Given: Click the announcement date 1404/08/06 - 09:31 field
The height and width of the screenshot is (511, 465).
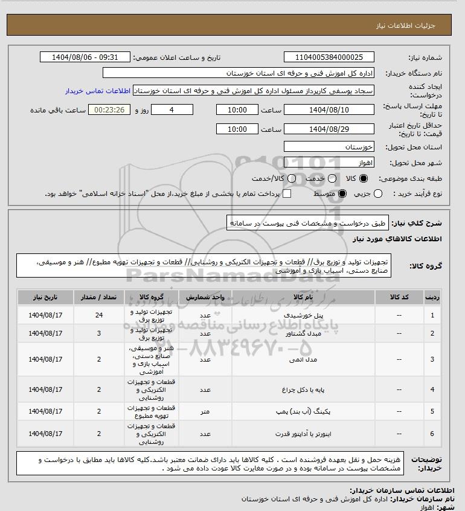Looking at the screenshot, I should tap(85, 57).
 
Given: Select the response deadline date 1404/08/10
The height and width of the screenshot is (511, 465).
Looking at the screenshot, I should tap(329, 109).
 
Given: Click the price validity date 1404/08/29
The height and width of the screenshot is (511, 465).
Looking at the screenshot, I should tap(329, 129).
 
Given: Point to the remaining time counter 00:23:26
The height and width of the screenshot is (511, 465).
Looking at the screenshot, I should tap(109, 109).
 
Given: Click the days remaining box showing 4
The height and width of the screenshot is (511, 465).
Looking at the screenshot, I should tap(172, 109).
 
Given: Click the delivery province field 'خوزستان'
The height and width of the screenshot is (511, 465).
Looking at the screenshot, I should tap(329, 147).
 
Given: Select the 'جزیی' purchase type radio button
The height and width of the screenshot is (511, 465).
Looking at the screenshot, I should tap(378, 194).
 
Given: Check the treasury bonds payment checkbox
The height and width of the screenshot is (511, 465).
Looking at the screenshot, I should tap(287, 194).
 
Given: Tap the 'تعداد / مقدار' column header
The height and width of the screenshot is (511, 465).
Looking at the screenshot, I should tap(98, 298).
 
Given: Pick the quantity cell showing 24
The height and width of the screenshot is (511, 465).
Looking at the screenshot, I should tap(98, 316).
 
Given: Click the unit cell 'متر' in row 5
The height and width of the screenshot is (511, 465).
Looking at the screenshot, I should tap(204, 411).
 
